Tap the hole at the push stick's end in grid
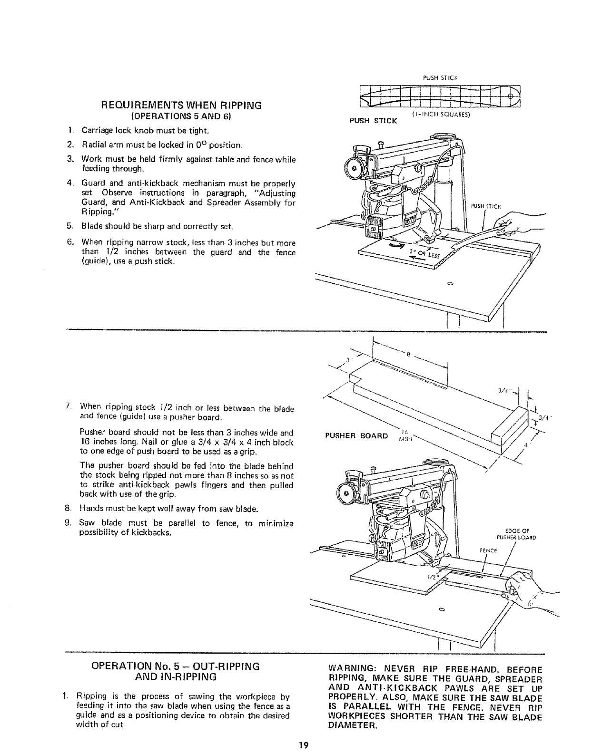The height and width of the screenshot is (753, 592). click(511, 97)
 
